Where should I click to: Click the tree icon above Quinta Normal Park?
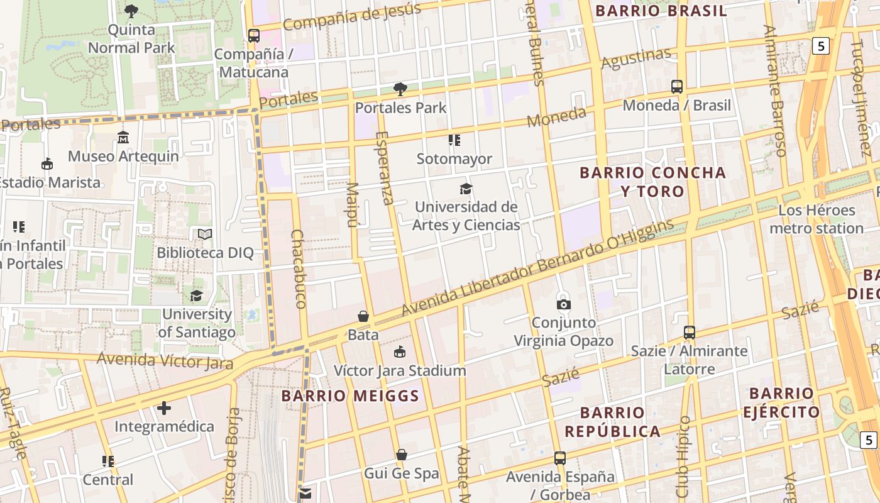(131, 11)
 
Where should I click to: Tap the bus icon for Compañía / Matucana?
(254, 36)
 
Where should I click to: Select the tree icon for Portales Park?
(400, 89)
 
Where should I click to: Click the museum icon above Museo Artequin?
(123, 137)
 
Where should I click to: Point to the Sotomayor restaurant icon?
(454, 140)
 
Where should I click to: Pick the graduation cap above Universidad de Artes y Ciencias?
(466, 189)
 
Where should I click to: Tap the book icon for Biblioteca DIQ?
(205, 234)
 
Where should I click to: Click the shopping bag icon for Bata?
(363, 316)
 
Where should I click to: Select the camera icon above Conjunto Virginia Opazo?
(564, 304)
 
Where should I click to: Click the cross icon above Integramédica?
(164, 408)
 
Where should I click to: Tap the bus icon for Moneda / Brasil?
(677, 87)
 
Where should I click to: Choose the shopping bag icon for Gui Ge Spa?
(402, 455)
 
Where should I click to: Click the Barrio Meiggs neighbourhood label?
(350, 396)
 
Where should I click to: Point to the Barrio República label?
(612, 422)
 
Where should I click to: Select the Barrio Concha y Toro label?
(652, 182)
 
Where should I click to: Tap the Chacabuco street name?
(299, 268)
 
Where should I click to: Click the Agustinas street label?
(636, 58)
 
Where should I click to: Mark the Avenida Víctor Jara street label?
(165, 361)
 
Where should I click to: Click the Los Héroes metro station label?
(817, 219)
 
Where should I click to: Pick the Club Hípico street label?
(683, 456)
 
